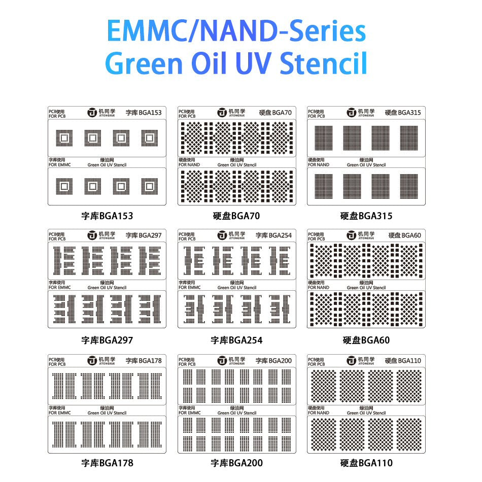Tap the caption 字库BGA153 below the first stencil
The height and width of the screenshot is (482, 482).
(x=107, y=216)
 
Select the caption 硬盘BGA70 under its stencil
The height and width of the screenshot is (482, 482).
(x=236, y=216)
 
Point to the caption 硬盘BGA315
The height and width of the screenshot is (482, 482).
(x=366, y=216)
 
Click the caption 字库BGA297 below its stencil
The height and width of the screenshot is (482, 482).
(x=107, y=340)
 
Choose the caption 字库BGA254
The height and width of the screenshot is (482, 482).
(x=236, y=340)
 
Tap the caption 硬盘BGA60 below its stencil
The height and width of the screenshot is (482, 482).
(x=366, y=340)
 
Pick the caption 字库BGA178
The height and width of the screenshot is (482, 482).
(x=107, y=463)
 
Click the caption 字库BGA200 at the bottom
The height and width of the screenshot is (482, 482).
(x=236, y=463)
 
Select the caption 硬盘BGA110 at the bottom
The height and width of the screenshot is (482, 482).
(x=366, y=463)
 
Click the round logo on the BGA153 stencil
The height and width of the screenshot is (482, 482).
(x=92, y=113)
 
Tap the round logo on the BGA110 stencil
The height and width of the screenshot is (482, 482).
(x=352, y=361)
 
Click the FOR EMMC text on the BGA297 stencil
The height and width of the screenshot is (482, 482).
(x=60, y=288)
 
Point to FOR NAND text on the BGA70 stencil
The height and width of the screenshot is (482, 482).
(x=189, y=165)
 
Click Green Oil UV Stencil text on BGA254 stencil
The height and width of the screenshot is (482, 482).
(x=237, y=288)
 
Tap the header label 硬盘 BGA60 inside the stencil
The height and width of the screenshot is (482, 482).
(x=404, y=235)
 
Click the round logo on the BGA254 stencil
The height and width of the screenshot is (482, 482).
(x=222, y=235)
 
